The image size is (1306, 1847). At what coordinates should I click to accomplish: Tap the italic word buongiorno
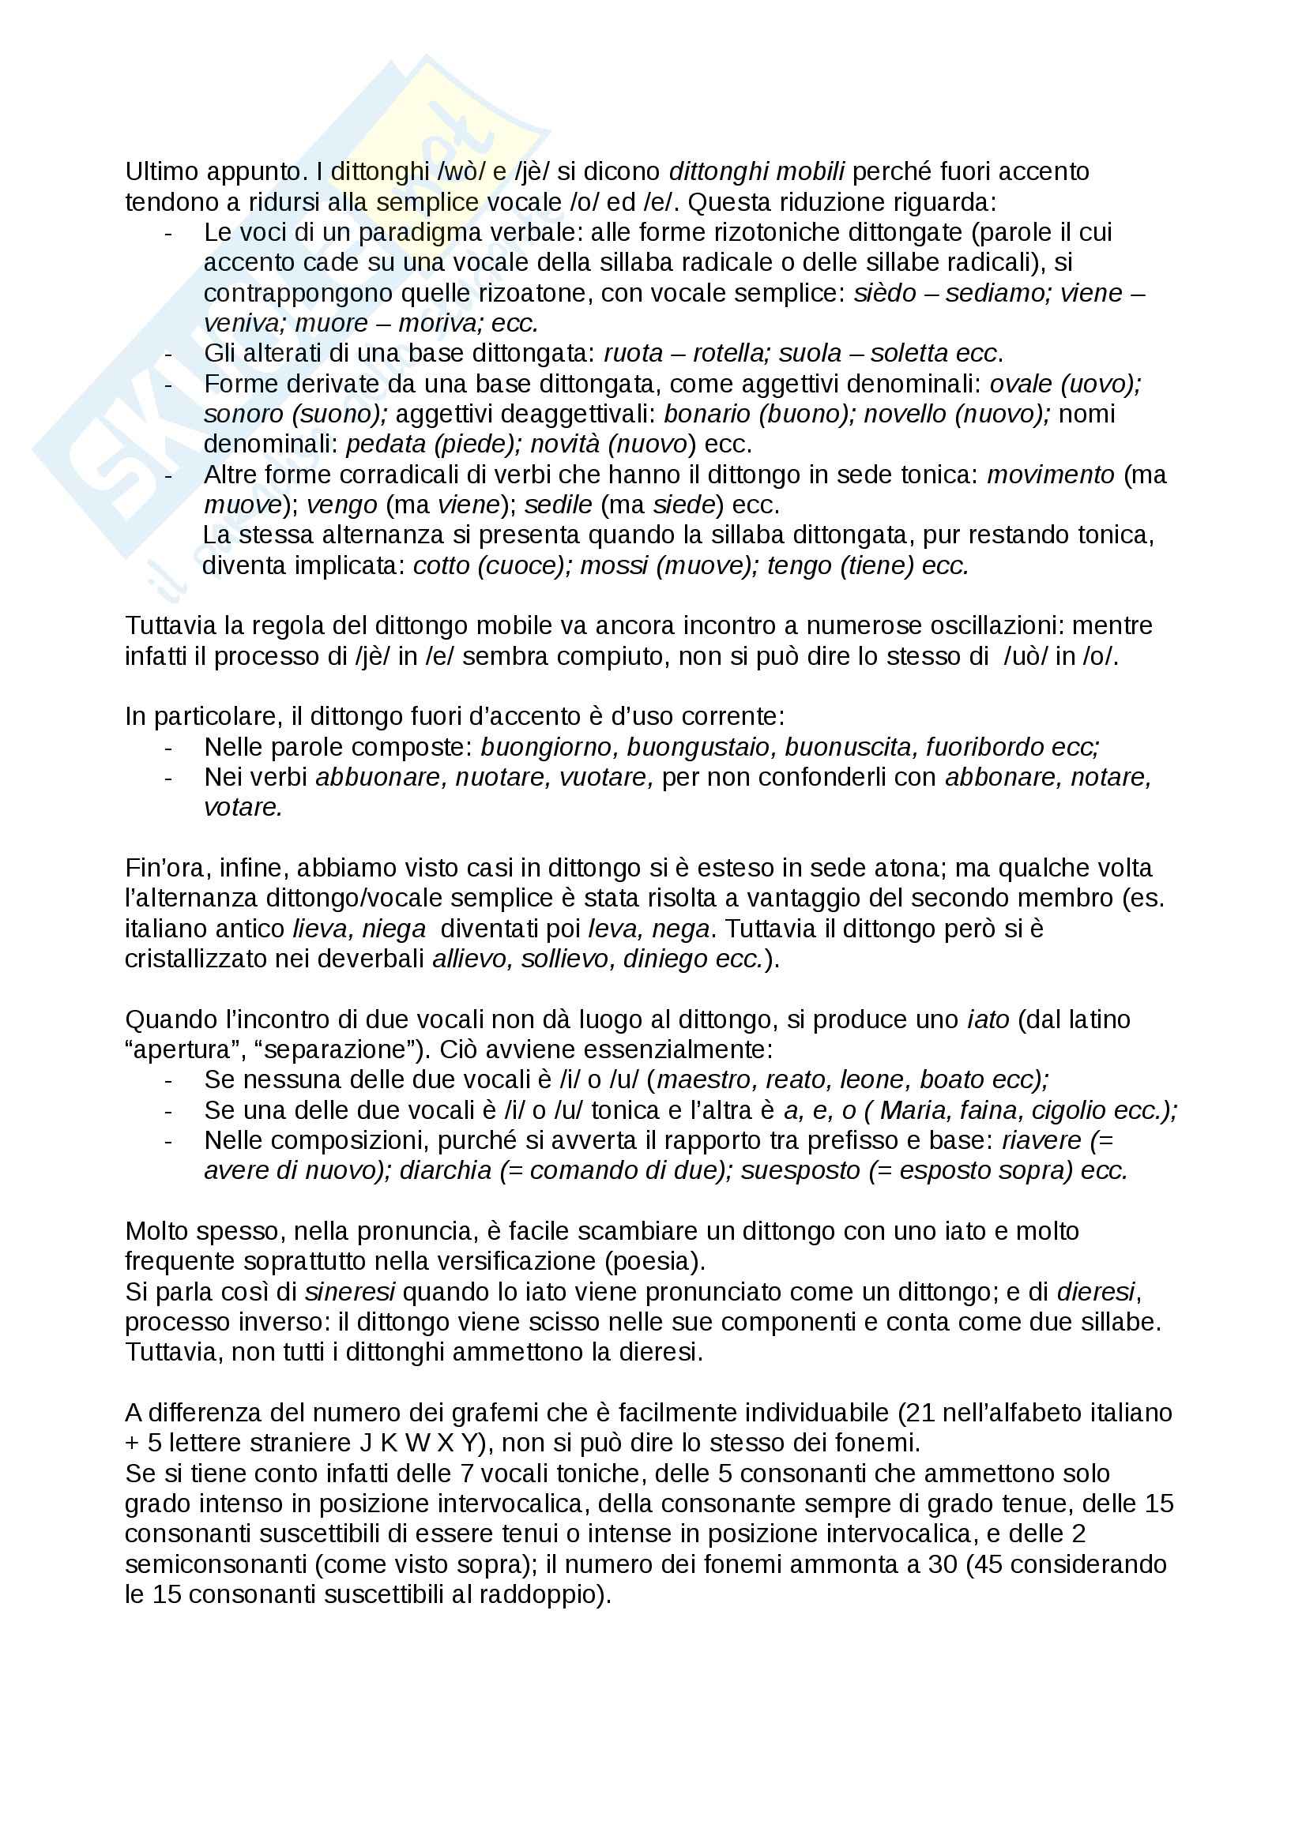(548, 746)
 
